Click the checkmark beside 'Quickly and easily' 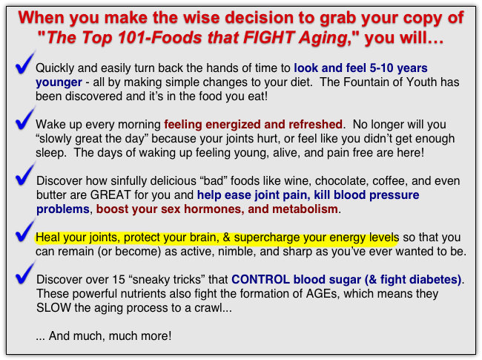click(24, 64)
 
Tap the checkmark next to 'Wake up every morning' click(24, 120)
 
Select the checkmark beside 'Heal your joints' click(24, 232)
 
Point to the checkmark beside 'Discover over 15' click(24, 275)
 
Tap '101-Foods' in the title click(160, 38)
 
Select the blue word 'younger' click(59, 82)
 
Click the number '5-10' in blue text click(381, 68)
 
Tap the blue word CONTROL click(260, 280)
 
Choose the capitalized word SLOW click(54, 308)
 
